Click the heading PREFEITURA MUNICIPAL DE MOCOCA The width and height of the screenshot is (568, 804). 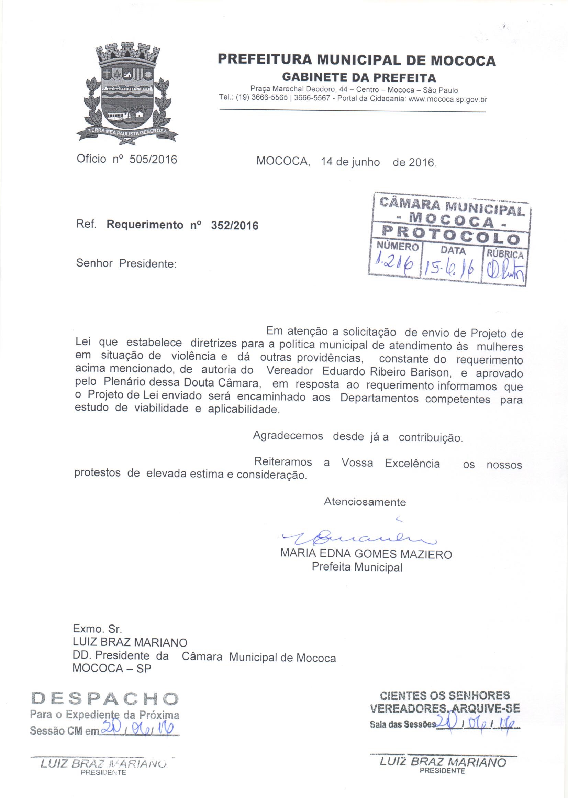pos(357,60)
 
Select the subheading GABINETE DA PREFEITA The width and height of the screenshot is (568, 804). pos(359,77)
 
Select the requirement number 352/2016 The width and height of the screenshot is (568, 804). pos(234,226)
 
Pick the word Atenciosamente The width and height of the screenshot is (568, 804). pos(365,502)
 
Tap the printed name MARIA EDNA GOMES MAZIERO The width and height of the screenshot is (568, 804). pos(366,554)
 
